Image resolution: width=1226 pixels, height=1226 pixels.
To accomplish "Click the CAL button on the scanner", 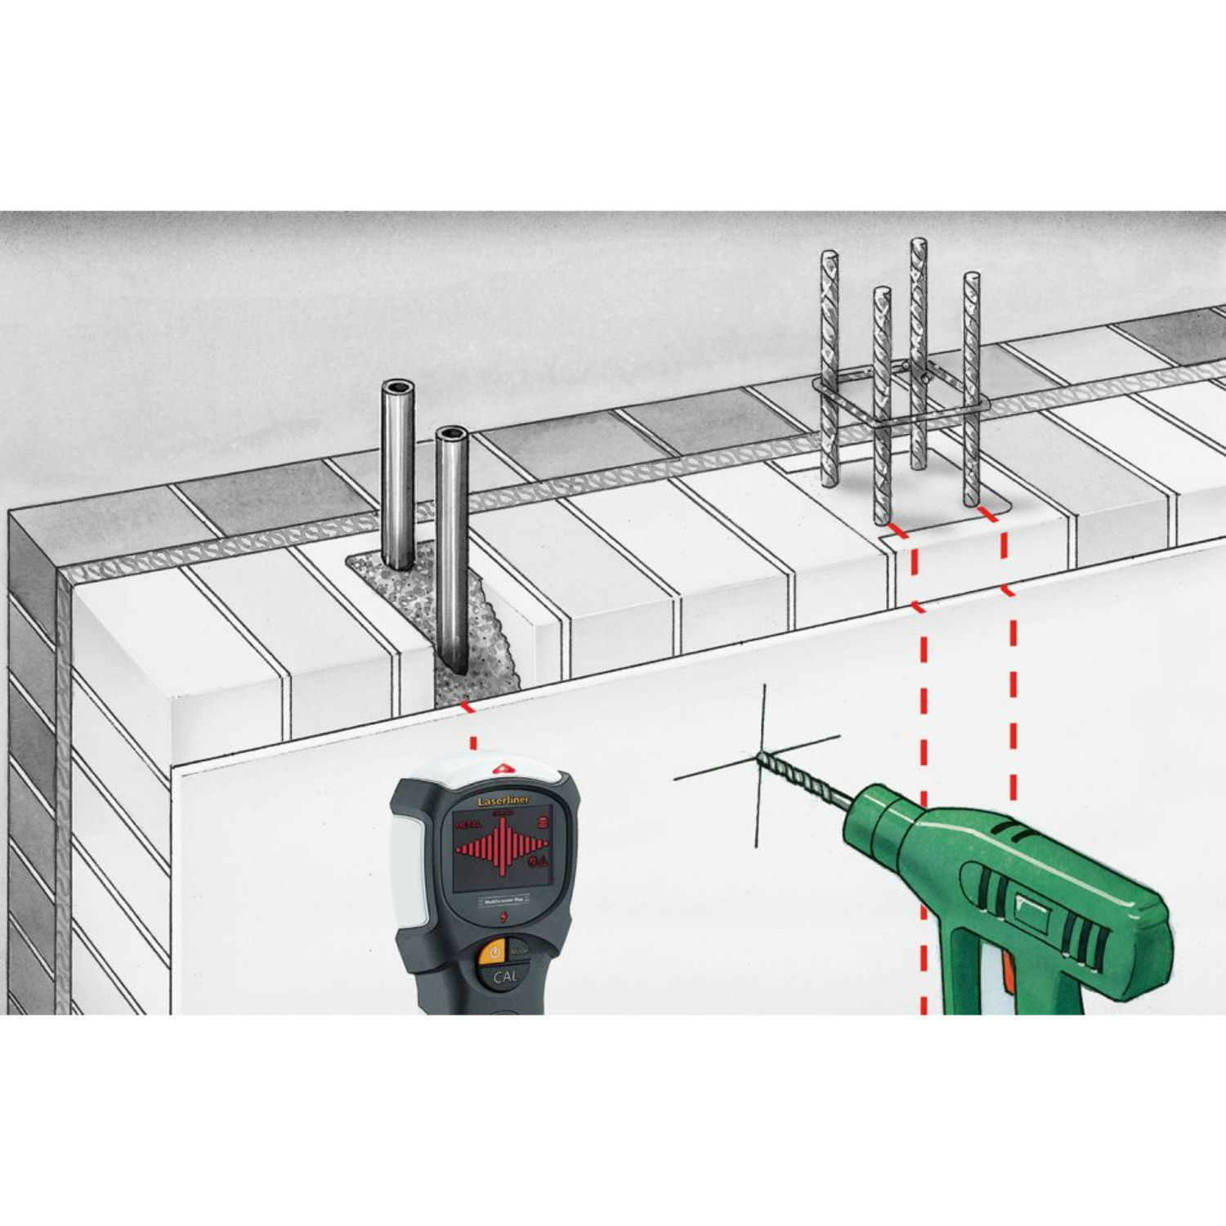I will (x=504, y=976).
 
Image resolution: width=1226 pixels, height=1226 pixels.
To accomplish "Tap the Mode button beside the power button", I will (x=520, y=951).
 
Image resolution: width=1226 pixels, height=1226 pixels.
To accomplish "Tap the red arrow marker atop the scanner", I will (x=501, y=769).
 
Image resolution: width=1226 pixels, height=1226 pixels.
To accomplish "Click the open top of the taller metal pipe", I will (x=398, y=387).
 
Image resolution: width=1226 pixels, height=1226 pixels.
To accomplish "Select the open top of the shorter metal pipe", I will (x=450, y=434).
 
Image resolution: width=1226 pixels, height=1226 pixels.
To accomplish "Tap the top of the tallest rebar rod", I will (x=919, y=243).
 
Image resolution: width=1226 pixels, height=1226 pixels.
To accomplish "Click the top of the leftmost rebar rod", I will (x=830, y=256).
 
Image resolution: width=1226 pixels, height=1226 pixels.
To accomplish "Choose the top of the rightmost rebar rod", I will (x=972, y=278).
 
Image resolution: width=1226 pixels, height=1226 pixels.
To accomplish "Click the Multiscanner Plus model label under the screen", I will (x=502, y=899).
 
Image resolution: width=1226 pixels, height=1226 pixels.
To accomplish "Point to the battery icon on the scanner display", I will (x=541, y=822).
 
